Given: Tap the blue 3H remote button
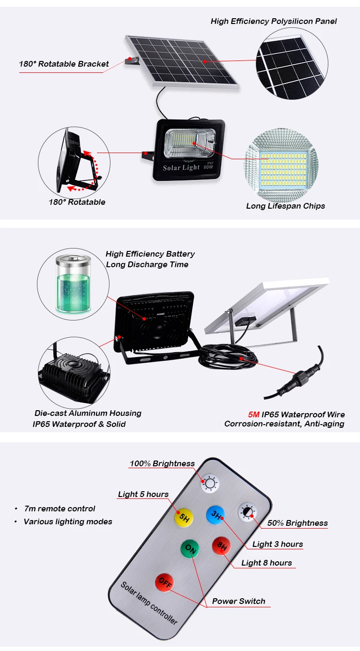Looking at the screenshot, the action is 216,516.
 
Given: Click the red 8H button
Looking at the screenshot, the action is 221,545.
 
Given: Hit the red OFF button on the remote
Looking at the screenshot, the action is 164,582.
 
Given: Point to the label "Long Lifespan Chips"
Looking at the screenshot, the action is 286,206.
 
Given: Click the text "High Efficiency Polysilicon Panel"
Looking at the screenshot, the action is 274,21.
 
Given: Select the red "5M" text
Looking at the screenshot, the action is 253,414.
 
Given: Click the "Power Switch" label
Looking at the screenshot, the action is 239,601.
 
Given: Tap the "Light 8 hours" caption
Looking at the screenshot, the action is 266,563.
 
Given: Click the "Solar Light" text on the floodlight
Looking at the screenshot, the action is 181,167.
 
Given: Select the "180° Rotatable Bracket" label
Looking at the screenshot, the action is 64,64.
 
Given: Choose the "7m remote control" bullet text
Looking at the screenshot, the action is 60,509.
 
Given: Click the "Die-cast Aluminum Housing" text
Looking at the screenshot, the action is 88,413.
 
